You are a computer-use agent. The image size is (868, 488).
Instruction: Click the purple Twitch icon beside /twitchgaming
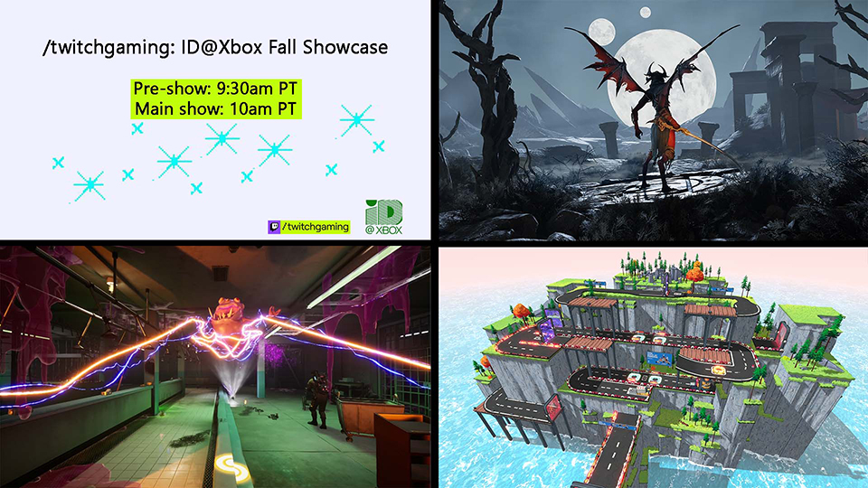pos(274,227)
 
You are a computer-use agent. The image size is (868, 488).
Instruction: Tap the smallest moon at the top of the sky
pos(645,12)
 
